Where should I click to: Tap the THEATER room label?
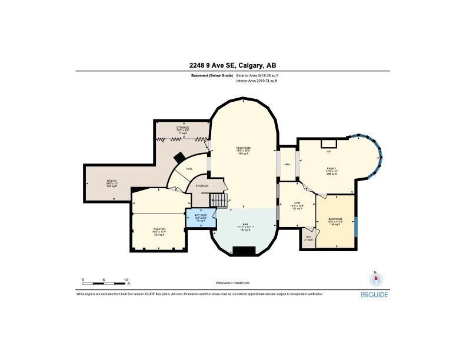tap(159, 229)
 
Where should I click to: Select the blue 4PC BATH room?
tap(201, 218)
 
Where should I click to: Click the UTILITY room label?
tap(111, 181)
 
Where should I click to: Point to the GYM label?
tap(298, 203)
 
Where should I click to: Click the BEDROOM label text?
tap(335, 219)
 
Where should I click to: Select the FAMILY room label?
tap(332, 168)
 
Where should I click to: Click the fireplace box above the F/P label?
tap(328, 144)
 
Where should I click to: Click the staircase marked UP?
tap(219, 201)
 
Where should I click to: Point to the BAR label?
tap(245, 224)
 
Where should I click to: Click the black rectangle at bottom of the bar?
tap(245, 251)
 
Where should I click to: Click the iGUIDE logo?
tap(374, 294)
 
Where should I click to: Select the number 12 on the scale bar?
tap(126, 279)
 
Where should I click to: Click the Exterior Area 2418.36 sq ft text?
tap(257, 76)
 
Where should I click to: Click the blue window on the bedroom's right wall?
tap(355, 226)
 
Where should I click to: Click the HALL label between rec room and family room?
tap(288, 164)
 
